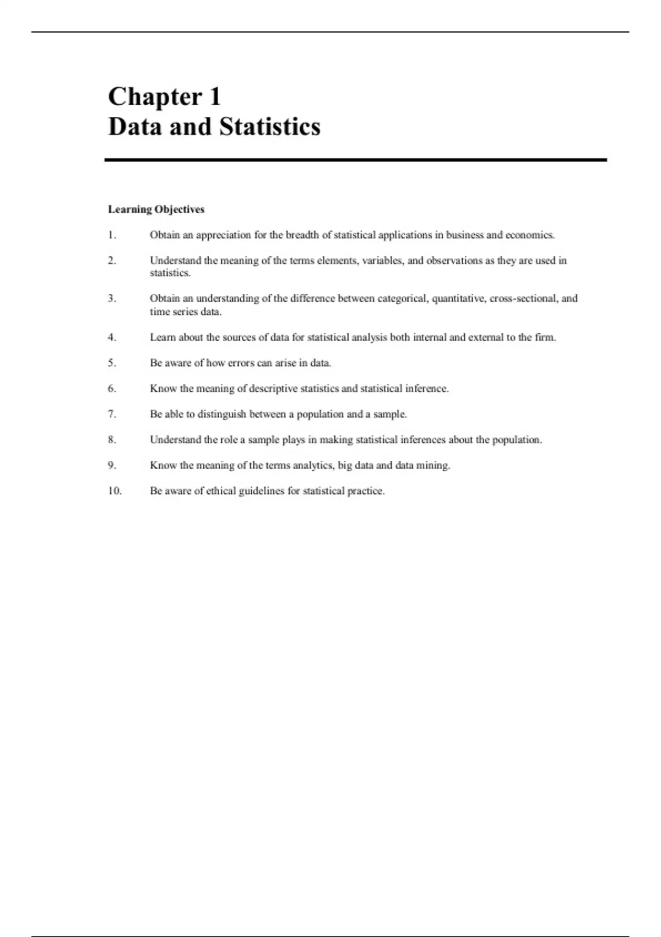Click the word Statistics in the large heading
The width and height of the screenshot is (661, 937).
click(269, 127)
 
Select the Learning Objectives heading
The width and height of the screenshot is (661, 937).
click(156, 209)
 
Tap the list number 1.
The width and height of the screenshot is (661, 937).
click(112, 235)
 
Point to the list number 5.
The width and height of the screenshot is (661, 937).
click(112, 363)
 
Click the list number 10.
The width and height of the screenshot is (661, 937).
click(115, 491)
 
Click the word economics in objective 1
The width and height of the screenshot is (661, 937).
click(530, 235)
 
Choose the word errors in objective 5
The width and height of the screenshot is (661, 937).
click(241, 363)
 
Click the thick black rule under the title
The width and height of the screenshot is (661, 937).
click(356, 160)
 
